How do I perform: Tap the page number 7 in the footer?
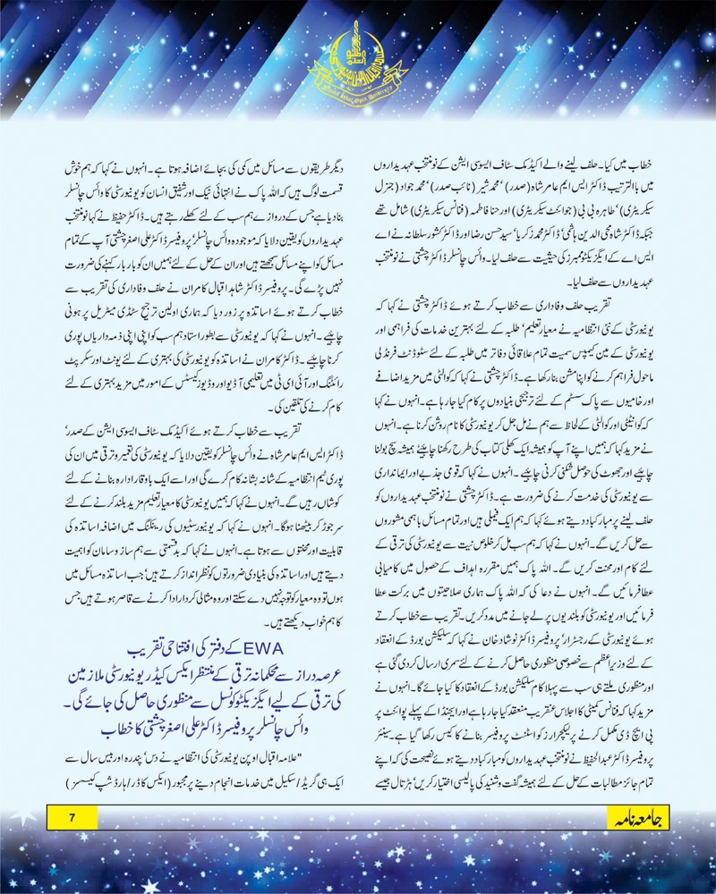point(76,817)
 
